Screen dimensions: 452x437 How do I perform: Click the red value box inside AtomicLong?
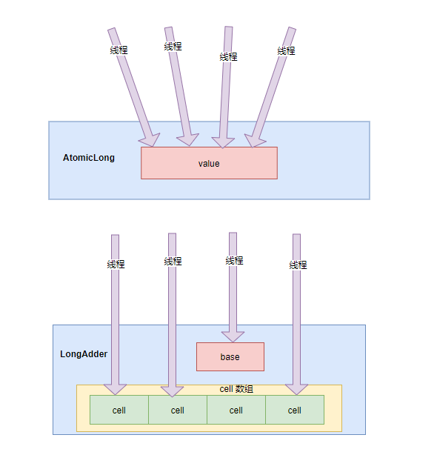[209, 163]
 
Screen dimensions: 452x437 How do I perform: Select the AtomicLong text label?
[89, 158]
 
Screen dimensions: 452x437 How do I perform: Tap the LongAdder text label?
[84, 354]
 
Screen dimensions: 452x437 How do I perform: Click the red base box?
[230, 356]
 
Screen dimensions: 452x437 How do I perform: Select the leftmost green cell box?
[119, 410]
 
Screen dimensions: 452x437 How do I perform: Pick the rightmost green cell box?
[294, 410]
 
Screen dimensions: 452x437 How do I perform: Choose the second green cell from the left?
[178, 410]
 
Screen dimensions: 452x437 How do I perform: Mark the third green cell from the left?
[236, 410]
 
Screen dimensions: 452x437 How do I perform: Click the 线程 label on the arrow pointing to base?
[234, 261]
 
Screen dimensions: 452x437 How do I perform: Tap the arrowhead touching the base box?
[233, 336]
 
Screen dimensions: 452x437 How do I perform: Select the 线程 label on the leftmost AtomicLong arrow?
[119, 50]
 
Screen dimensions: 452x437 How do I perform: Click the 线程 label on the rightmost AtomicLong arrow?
[286, 51]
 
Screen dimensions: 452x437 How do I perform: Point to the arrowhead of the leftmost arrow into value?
[150, 139]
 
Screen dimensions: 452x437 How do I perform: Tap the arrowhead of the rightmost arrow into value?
[256, 139]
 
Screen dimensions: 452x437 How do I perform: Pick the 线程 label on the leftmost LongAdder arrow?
[116, 265]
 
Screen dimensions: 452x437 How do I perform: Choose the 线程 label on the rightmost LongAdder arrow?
[298, 265]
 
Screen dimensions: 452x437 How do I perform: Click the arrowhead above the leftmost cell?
[115, 388]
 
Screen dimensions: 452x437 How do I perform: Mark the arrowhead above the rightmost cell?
[296, 388]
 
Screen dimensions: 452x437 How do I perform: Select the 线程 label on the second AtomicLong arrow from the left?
[173, 47]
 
